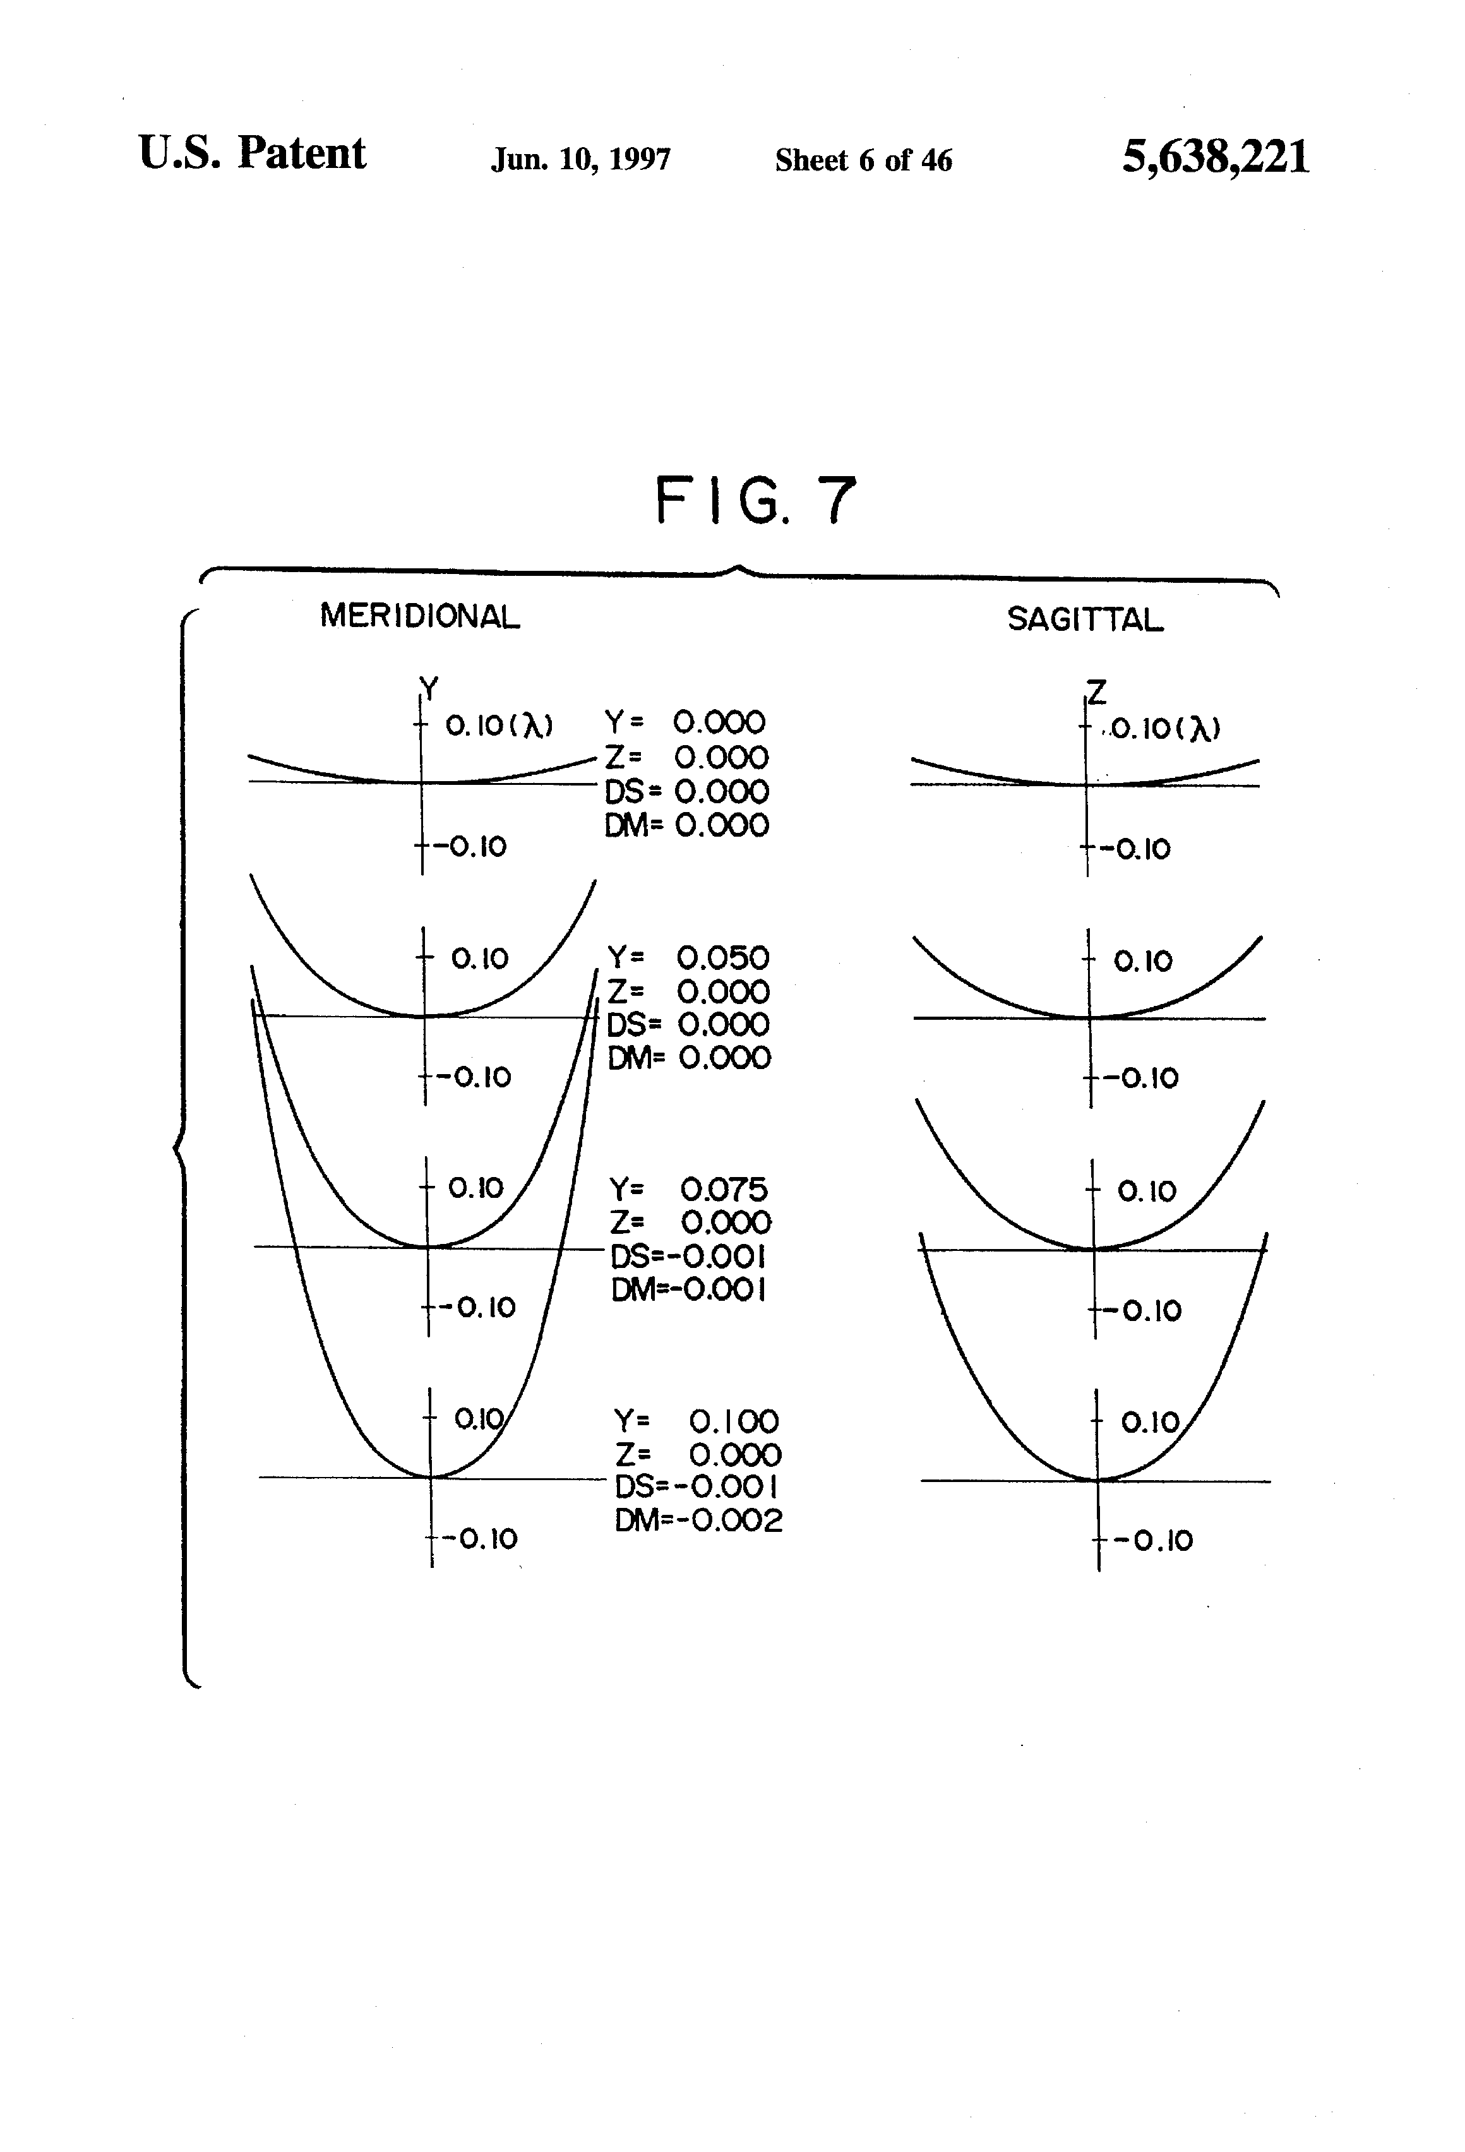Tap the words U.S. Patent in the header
[x=252, y=153]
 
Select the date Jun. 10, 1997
[x=580, y=159]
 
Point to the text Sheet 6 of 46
[x=863, y=160]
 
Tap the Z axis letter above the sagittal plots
[x=1096, y=691]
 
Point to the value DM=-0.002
[x=698, y=1519]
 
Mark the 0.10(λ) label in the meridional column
[x=499, y=726]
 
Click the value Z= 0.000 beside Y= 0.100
[x=697, y=1454]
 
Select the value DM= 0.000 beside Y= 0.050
[x=689, y=1058]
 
